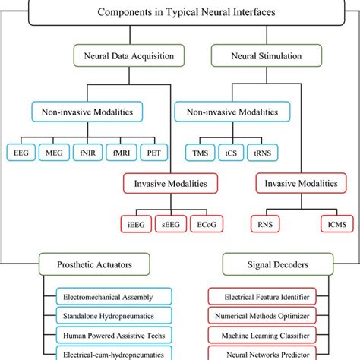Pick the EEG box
click(x=21, y=153)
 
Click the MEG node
click(x=55, y=153)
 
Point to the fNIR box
click(x=88, y=153)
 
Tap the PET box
click(x=156, y=153)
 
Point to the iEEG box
click(x=140, y=224)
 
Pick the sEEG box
click(x=174, y=224)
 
